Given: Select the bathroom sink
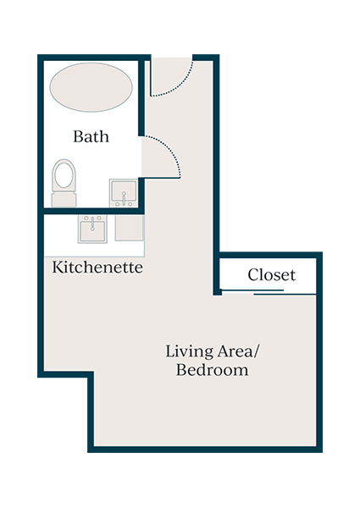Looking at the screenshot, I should (124, 192).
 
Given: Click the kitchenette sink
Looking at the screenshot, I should (91, 229).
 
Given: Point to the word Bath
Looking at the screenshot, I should (91, 136).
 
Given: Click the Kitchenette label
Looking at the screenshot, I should (97, 268).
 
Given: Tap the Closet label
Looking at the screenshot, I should (271, 275).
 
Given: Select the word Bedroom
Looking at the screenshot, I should (212, 370).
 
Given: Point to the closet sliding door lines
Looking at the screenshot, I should (269, 292).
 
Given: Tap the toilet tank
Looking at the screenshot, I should (64, 200).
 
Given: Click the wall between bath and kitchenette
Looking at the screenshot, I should (89, 210).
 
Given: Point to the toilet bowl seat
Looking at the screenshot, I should (64, 175).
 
